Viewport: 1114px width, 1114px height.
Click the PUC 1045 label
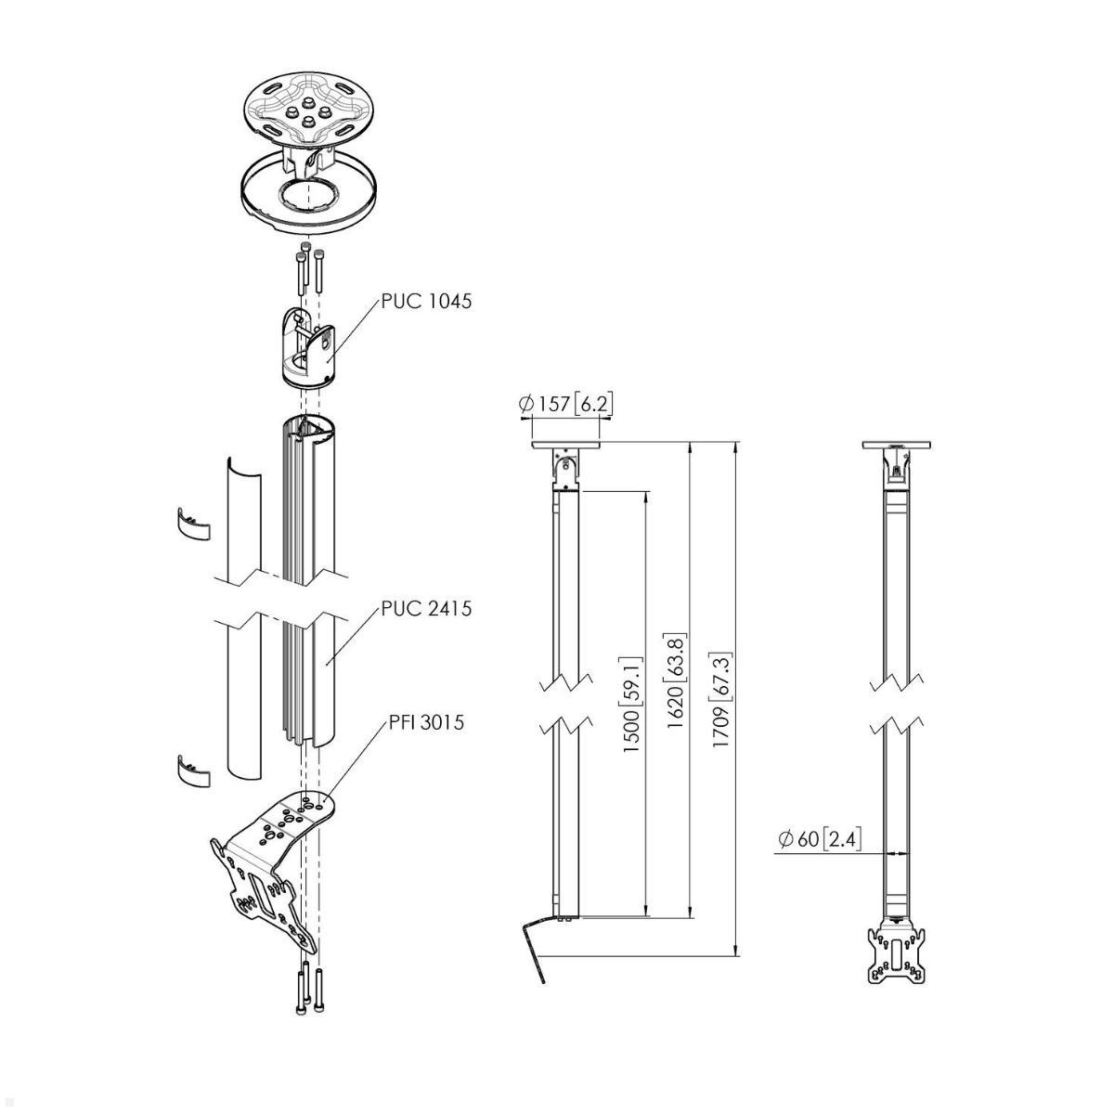point(426,301)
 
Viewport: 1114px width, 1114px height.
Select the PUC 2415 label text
point(426,609)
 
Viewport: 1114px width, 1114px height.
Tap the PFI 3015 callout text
point(426,721)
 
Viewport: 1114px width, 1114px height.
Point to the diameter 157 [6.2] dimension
point(566,404)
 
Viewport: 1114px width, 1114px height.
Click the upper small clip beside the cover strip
point(193,524)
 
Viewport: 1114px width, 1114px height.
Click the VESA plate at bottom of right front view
point(897,954)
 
